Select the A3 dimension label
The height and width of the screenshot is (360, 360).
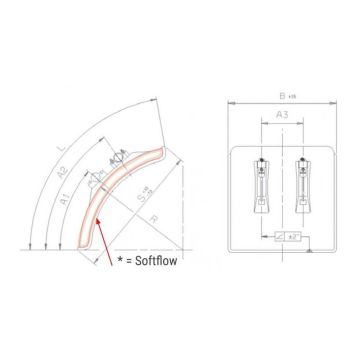(283, 118)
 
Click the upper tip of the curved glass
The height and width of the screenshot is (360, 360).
(159, 146)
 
